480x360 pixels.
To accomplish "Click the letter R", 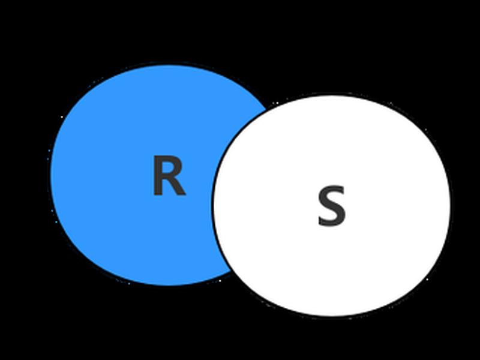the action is coord(169,175).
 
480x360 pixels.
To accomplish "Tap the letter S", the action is coord(332,206).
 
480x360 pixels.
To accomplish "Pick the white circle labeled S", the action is coord(332,206).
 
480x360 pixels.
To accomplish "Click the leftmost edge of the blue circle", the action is coord(50,175).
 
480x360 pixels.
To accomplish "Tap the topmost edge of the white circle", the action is coord(332,94).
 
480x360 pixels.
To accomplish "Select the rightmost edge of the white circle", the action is coord(451,206).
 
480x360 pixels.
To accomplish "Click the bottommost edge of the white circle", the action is coord(332,317).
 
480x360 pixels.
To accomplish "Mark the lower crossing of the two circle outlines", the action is coord(232,272).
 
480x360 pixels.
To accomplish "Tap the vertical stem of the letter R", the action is coord(157,175).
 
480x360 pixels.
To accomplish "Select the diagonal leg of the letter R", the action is coord(178,186).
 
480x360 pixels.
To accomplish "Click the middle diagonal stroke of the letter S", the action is coord(332,206).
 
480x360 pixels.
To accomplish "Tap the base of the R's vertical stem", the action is coord(157,193).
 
